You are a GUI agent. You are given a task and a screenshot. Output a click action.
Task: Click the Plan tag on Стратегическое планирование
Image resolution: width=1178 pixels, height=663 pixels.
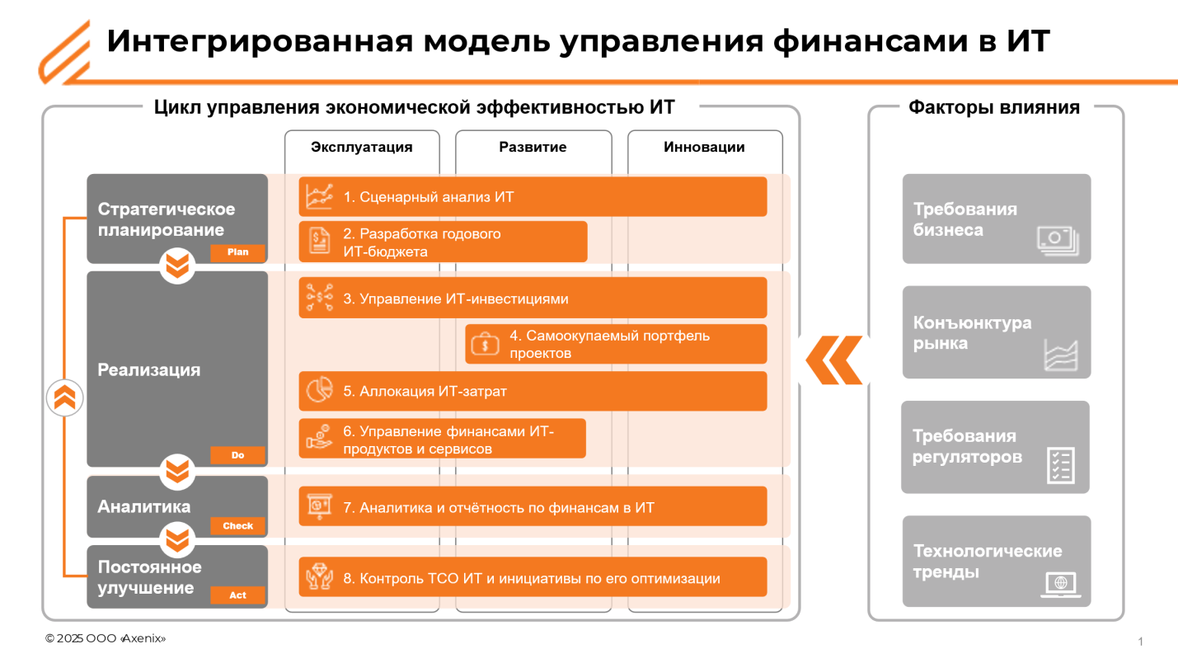click(x=237, y=252)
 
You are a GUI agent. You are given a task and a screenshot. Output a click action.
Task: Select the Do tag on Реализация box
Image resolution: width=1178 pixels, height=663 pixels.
click(x=237, y=455)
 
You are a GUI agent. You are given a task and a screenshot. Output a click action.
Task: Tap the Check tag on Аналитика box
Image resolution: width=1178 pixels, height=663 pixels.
click(x=237, y=526)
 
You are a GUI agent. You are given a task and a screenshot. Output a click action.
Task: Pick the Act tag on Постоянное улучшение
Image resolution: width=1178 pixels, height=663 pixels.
click(x=237, y=595)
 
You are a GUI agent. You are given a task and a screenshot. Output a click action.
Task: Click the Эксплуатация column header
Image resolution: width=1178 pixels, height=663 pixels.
click(x=361, y=148)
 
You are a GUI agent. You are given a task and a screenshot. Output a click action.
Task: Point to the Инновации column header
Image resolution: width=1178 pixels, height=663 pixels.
click(x=704, y=148)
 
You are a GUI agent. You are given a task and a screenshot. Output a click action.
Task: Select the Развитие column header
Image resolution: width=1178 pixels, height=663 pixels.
click(x=533, y=148)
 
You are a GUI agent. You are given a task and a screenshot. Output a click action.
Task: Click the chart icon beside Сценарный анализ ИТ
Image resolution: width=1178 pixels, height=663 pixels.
click(x=319, y=196)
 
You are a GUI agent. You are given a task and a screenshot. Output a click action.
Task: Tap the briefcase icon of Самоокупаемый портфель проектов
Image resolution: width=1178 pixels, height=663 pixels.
click(x=486, y=345)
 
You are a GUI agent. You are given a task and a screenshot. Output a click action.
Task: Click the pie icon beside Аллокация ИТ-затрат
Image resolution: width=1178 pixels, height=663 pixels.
click(x=319, y=391)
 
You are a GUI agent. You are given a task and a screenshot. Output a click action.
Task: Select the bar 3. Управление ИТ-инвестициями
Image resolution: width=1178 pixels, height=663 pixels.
click(x=533, y=299)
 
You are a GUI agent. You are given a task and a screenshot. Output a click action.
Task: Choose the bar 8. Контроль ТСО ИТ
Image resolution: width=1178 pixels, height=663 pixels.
click(x=533, y=578)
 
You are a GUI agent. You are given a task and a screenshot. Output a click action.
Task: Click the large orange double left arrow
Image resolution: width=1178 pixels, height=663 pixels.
click(x=833, y=360)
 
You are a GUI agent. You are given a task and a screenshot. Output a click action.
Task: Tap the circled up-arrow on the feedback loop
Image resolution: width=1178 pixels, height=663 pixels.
click(x=64, y=398)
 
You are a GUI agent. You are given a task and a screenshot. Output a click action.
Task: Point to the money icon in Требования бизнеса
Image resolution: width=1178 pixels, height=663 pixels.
click(x=1058, y=241)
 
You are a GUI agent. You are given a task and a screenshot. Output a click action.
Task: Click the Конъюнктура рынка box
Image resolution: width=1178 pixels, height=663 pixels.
click(x=996, y=332)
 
